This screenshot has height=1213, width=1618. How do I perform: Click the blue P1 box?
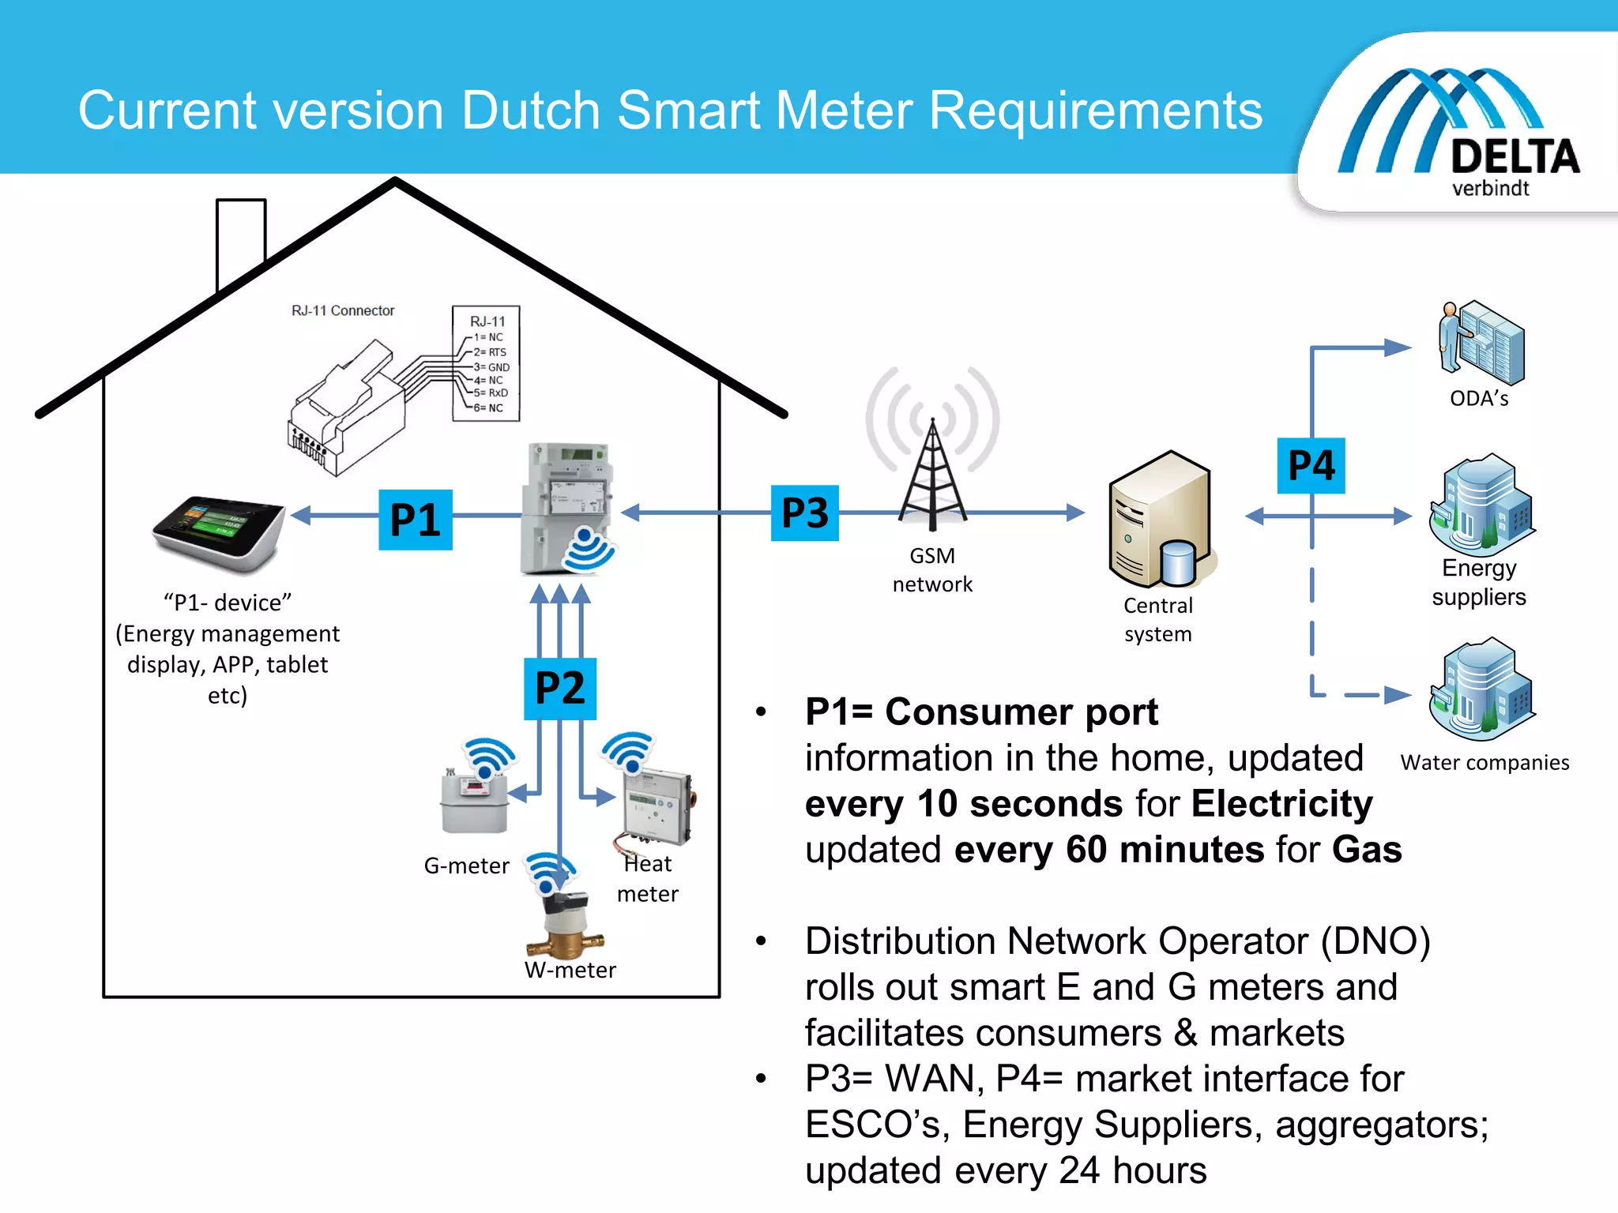click(415, 520)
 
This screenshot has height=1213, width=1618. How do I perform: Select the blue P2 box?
click(559, 688)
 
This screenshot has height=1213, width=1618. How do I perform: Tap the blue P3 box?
click(804, 513)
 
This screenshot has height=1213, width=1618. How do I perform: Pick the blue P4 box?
click(1311, 466)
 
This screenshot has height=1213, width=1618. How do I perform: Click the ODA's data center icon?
click(1481, 344)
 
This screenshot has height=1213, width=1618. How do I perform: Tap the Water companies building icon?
click(1481, 688)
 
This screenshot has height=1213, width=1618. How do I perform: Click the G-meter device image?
click(474, 802)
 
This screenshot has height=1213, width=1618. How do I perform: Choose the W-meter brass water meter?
click(566, 924)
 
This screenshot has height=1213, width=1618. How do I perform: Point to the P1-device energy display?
click(220, 533)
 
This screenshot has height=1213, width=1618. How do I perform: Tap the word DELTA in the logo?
click(1515, 156)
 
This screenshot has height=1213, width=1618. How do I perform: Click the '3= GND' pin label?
click(492, 367)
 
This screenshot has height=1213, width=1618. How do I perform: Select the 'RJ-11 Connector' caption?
click(343, 310)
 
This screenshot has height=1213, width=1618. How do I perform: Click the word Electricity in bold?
click(1281, 804)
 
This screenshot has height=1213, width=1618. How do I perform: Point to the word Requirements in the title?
click(1095, 111)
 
